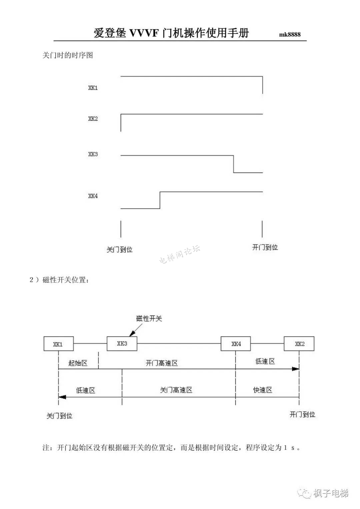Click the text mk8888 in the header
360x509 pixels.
290,34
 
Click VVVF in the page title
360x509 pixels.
144,33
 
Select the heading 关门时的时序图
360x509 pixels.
68,55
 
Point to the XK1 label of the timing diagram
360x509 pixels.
93,88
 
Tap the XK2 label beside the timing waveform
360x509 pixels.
93,119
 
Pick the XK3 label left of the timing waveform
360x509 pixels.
93,154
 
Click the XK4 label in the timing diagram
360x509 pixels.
93,196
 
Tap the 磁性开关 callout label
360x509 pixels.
149,318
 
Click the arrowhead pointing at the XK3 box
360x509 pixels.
132,333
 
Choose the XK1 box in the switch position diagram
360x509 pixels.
58,344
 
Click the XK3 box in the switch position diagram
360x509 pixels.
122,343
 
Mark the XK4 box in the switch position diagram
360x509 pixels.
236,344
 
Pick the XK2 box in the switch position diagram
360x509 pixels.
299,344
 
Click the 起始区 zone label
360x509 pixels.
78,363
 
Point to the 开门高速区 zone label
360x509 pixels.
162,363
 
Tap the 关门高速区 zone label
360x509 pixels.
176,390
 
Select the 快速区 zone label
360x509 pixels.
263,390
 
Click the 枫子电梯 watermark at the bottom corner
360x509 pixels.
330,493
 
